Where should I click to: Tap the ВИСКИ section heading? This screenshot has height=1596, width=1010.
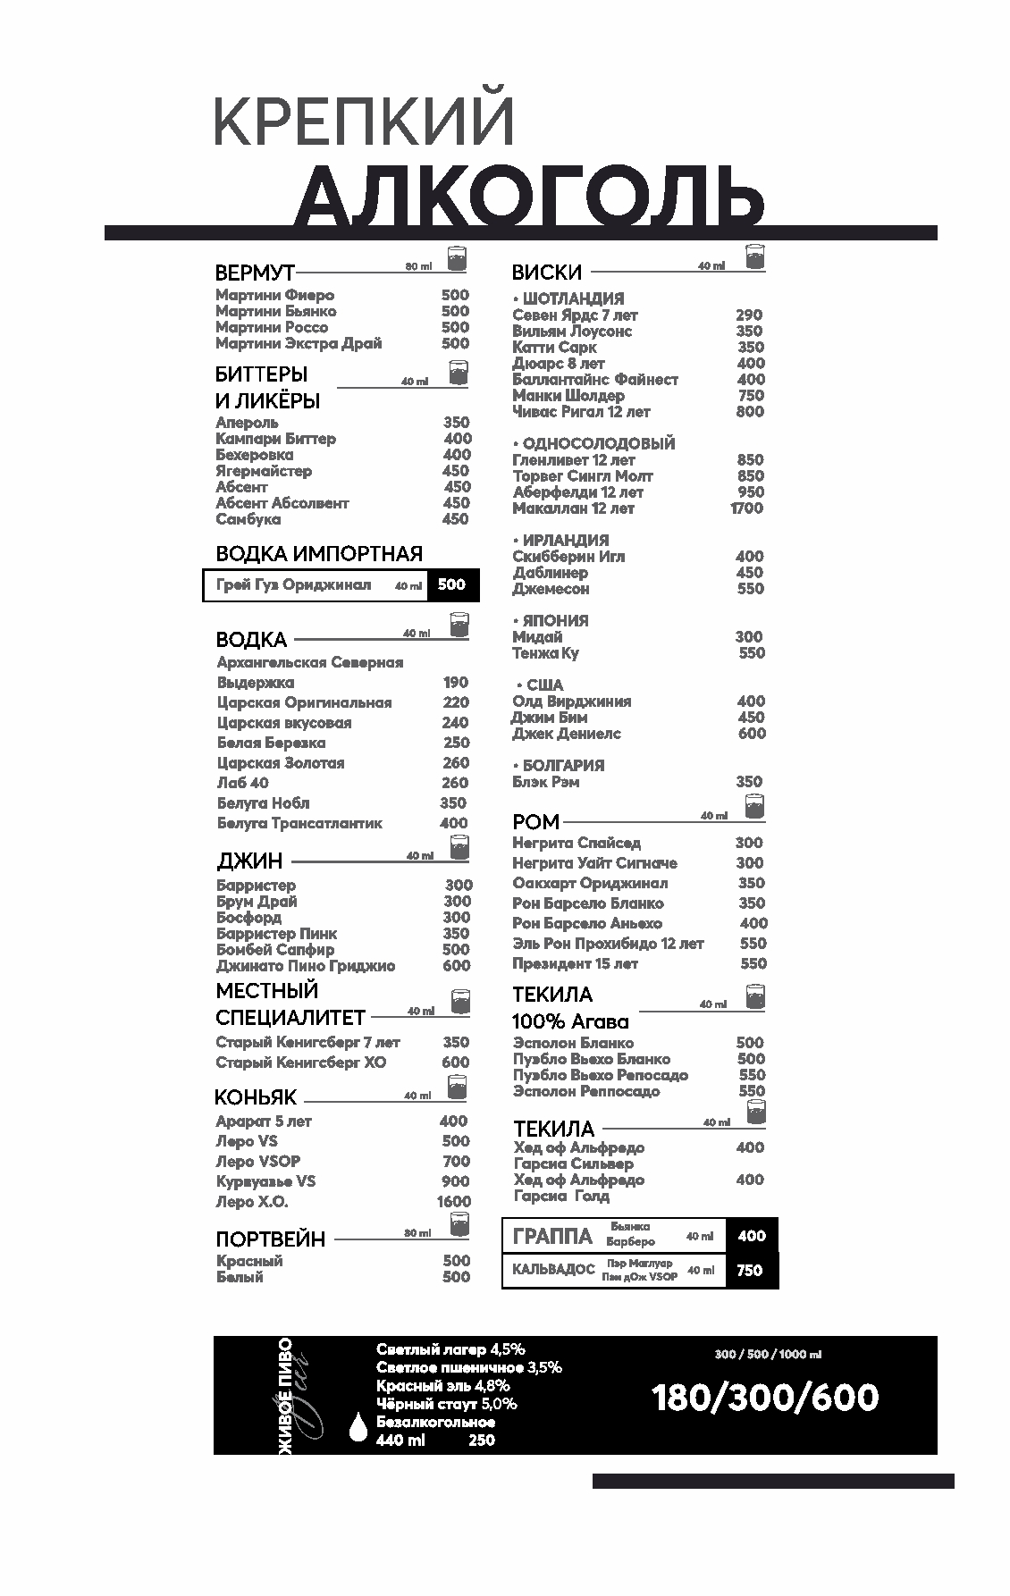547,273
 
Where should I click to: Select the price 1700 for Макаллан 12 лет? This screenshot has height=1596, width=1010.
746,508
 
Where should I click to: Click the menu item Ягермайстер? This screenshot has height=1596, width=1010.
264,471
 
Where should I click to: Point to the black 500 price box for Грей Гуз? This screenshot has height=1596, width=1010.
452,584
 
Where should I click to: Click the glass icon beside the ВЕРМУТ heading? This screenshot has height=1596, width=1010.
458,257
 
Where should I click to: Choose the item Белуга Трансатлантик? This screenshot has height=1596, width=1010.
299,823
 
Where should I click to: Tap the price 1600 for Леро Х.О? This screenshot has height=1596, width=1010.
453,1202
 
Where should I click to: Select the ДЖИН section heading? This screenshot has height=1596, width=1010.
249,861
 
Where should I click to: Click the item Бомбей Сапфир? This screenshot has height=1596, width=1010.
275,949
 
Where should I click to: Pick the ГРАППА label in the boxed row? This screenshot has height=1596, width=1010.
553,1237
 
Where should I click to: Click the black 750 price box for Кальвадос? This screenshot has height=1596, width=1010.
751,1270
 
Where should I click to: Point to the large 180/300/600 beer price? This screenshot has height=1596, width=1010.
765,1398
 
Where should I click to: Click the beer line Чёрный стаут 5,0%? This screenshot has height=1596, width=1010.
446,1404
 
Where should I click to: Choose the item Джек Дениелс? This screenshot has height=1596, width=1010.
567,734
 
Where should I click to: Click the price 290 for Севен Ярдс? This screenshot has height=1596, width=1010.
749,315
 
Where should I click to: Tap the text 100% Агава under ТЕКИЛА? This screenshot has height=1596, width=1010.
570,1021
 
